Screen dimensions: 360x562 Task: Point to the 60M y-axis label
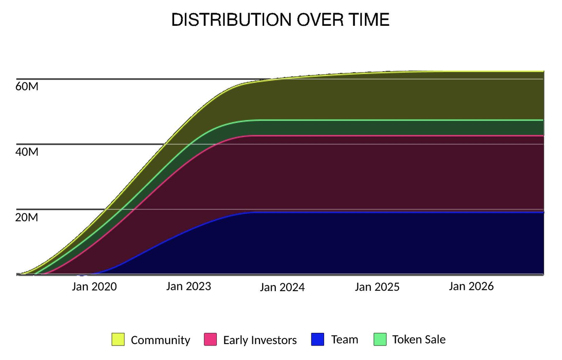[27, 87]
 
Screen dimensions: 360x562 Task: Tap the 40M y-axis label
[27, 152]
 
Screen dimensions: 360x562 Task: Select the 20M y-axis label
[27, 218]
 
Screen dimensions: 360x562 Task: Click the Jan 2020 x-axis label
[94, 287]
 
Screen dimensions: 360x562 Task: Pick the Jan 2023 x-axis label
[189, 286]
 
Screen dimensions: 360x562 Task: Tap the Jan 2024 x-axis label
[282, 287]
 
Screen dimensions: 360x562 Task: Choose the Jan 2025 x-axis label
[377, 287]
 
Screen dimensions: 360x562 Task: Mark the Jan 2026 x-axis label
[471, 286]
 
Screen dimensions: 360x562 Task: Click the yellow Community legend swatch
[118, 340]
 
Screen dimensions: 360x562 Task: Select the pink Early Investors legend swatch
[211, 340]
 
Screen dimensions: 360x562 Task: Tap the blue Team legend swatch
[318, 339]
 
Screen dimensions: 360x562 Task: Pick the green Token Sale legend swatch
[380, 339]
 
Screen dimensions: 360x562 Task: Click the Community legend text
[160, 340]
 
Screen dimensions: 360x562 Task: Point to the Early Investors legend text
[260, 340]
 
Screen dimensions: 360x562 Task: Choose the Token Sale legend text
[419, 339]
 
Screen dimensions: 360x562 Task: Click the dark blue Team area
[375, 243]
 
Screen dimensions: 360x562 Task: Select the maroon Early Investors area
[375, 173]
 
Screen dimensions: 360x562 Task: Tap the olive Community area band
[375, 96]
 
